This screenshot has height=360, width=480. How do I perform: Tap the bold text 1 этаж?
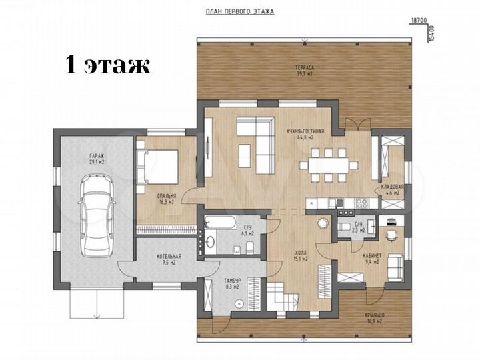tap(107, 65)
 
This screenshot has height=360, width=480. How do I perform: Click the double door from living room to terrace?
tap(359, 124)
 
